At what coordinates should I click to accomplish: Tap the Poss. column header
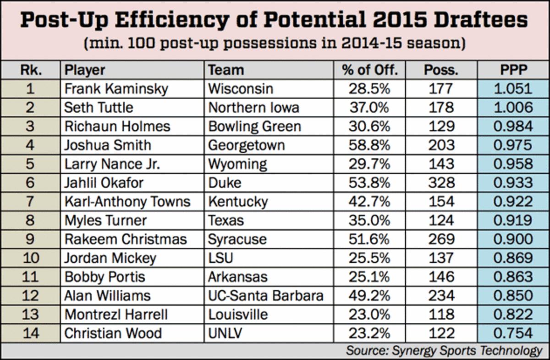pos(440,70)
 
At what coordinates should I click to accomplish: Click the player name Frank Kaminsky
pos(116,89)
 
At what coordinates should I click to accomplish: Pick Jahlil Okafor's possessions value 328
pos(440,183)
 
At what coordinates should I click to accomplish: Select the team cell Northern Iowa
pos(253,107)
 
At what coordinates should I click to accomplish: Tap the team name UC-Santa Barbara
pos(266,296)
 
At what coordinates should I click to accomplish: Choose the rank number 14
pos(30,333)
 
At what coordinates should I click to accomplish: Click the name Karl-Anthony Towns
pos(127,202)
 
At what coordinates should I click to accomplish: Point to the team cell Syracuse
pos(237,239)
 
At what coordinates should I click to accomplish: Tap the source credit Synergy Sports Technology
pos(466,351)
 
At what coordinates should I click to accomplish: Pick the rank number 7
pos(30,202)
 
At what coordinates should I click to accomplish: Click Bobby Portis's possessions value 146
pos(440,277)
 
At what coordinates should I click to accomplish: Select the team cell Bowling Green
pos(254,127)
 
